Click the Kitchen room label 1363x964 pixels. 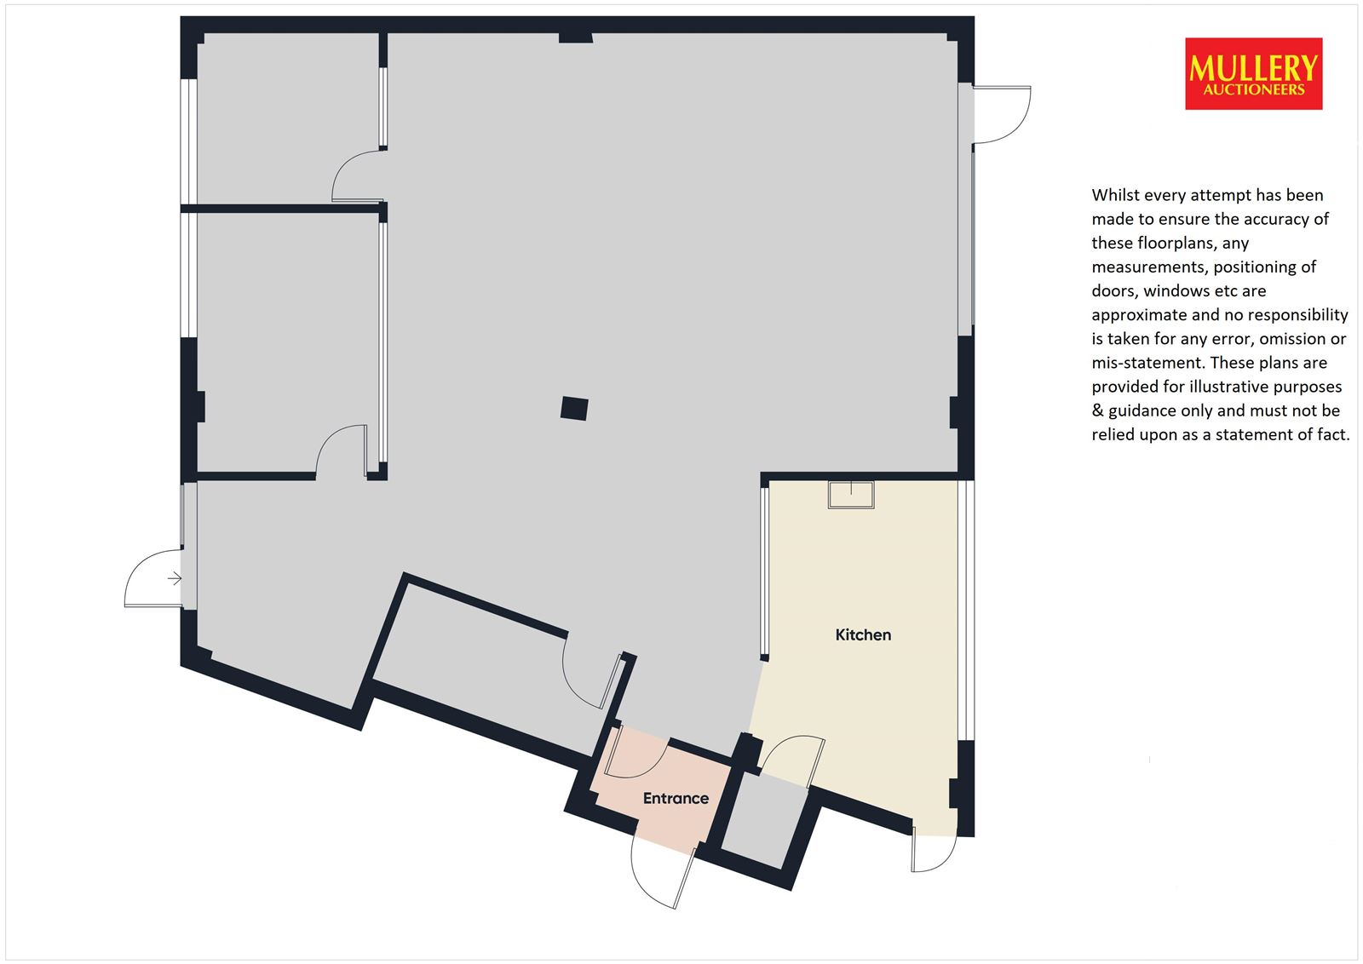coord(863,634)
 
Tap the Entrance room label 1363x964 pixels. coord(676,798)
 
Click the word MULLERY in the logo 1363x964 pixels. coord(1253,68)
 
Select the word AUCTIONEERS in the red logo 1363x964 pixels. coord(1253,89)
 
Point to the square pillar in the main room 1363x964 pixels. coord(574,408)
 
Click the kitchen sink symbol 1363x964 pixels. coord(851,495)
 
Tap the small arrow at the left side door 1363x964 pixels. coord(175,577)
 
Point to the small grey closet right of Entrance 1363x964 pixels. coord(763,819)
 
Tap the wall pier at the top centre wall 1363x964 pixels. coord(576,37)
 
